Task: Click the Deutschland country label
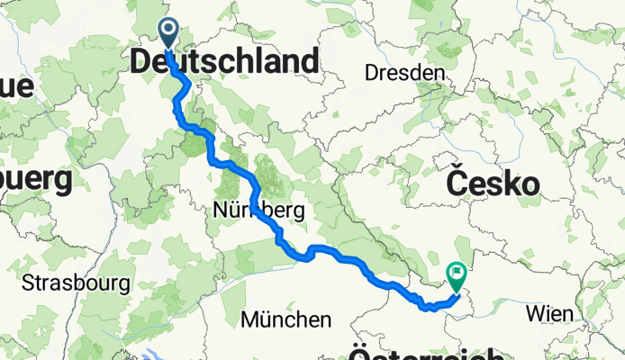225,62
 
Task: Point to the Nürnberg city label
260,211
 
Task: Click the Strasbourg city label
77,283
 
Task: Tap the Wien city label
548,313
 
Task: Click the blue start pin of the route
168,33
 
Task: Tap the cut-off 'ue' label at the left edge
16,85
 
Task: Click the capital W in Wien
533,313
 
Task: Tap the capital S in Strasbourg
29,283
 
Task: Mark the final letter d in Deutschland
311,62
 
